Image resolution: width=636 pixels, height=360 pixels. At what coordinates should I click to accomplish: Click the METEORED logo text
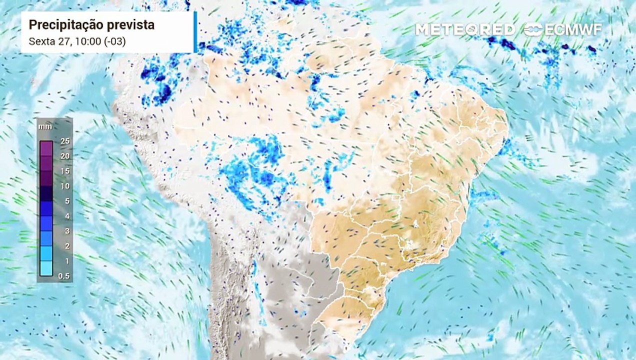tap(465, 29)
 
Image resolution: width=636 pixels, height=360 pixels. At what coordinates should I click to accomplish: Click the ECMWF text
tap(573, 29)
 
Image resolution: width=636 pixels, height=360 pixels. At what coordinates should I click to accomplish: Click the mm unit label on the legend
tap(45, 127)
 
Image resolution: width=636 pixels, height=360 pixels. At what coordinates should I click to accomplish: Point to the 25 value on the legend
tap(64, 141)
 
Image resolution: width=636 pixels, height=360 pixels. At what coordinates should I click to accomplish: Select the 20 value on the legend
tap(64, 156)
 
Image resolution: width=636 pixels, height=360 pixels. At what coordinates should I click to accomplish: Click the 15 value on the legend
tap(64, 171)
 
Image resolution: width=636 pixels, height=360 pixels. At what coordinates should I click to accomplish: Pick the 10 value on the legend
tap(64, 186)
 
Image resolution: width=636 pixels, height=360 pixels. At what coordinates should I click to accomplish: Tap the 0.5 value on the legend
tap(64, 276)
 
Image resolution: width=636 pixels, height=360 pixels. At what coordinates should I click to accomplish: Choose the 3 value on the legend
tap(66, 231)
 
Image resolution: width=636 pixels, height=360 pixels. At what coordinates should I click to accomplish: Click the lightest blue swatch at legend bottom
tap(46, 268)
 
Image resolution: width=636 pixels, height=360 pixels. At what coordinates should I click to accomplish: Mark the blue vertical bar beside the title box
tap(195, 32)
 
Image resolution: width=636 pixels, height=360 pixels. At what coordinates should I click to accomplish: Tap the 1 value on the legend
tap(66, 261)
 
